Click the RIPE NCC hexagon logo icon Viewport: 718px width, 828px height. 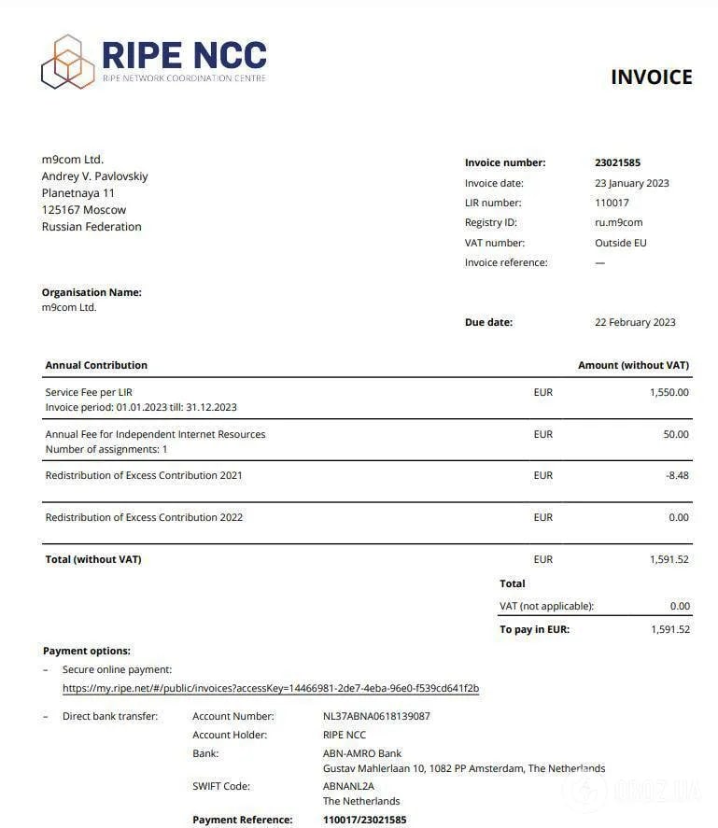click(x=68, y=62)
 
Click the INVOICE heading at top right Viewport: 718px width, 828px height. click(x=651, y=77)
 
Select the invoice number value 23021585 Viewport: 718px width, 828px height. click(x=617, y=162)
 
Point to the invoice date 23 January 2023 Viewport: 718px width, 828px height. click(x=631, y=183)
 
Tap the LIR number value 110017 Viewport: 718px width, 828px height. click(x=612, y=203)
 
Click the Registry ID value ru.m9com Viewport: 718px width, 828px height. click(x=618, y=222)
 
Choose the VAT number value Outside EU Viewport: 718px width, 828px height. click(x=620, y=243)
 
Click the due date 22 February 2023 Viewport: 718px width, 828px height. click(x=635, y=322)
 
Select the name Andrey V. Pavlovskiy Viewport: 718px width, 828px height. click(x=94, y=176)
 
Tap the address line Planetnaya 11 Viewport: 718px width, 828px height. click(x=77, y=193)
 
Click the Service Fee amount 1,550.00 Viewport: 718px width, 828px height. click(x=669, y=392)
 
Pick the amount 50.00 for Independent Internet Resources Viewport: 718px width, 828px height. click(x=676, y=434)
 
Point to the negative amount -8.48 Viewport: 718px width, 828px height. click(x=677, y=475)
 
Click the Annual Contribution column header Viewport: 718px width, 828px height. click(x=96, y=365)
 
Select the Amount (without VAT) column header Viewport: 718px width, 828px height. click(x=633, y=365)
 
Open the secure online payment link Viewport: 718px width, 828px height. click(x=271, y=689)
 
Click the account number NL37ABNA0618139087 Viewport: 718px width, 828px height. click(x=376, y=716)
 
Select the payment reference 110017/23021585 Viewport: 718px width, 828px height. click(x=364, y=820)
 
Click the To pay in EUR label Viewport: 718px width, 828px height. click(x=534, y=629)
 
